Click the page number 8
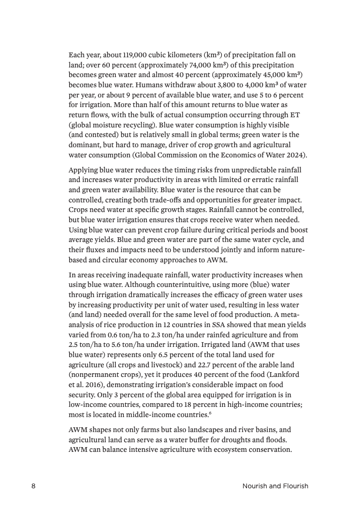tap(33, 486)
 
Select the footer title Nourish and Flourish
tap(275, 486)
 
